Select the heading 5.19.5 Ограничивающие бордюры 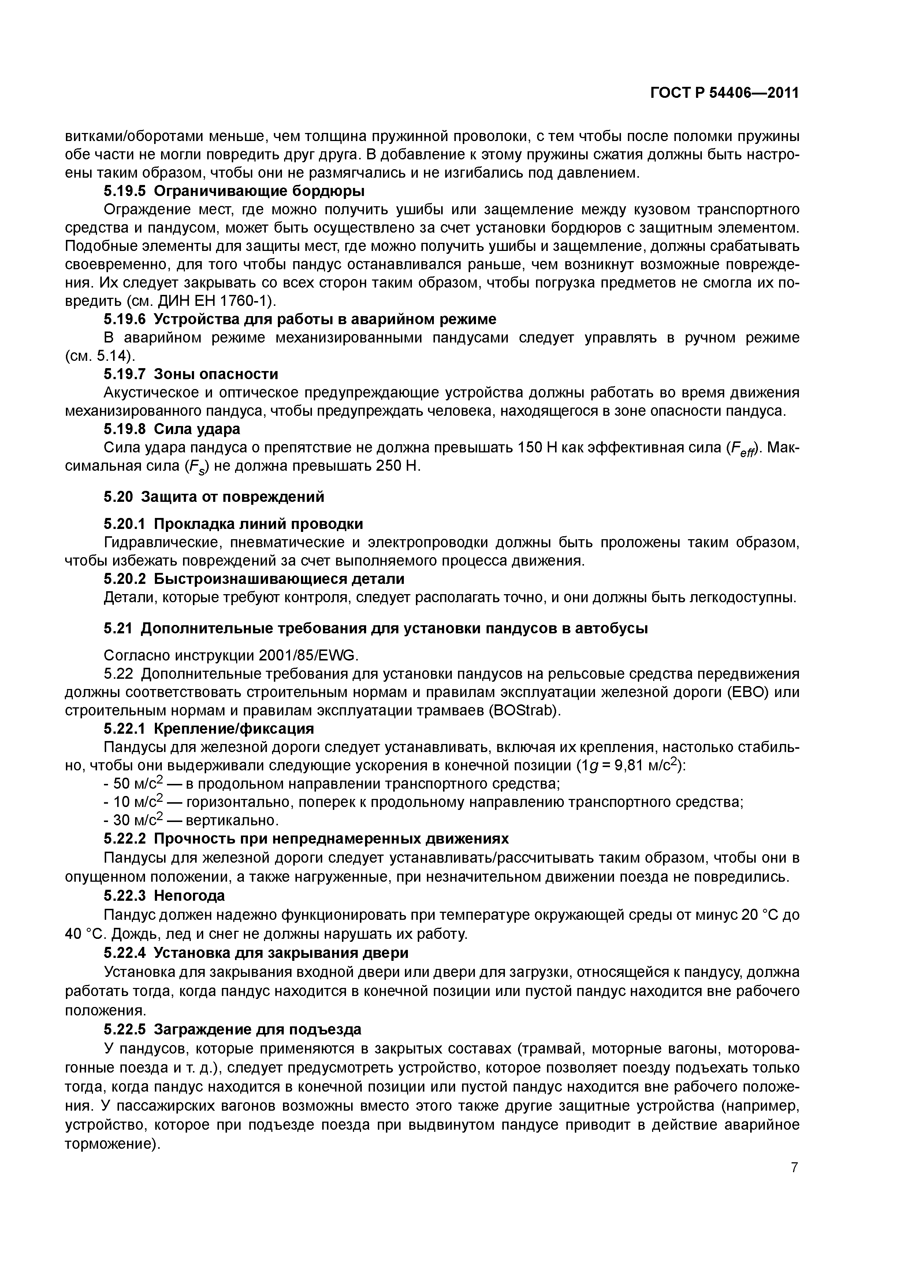[x=234, y=192]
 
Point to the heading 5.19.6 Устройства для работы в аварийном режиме [x=300, y=319]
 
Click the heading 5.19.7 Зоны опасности [x=191, y=374]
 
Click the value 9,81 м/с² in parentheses [x=645, y=765]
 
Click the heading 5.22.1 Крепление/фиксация [x=209, y=729]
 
